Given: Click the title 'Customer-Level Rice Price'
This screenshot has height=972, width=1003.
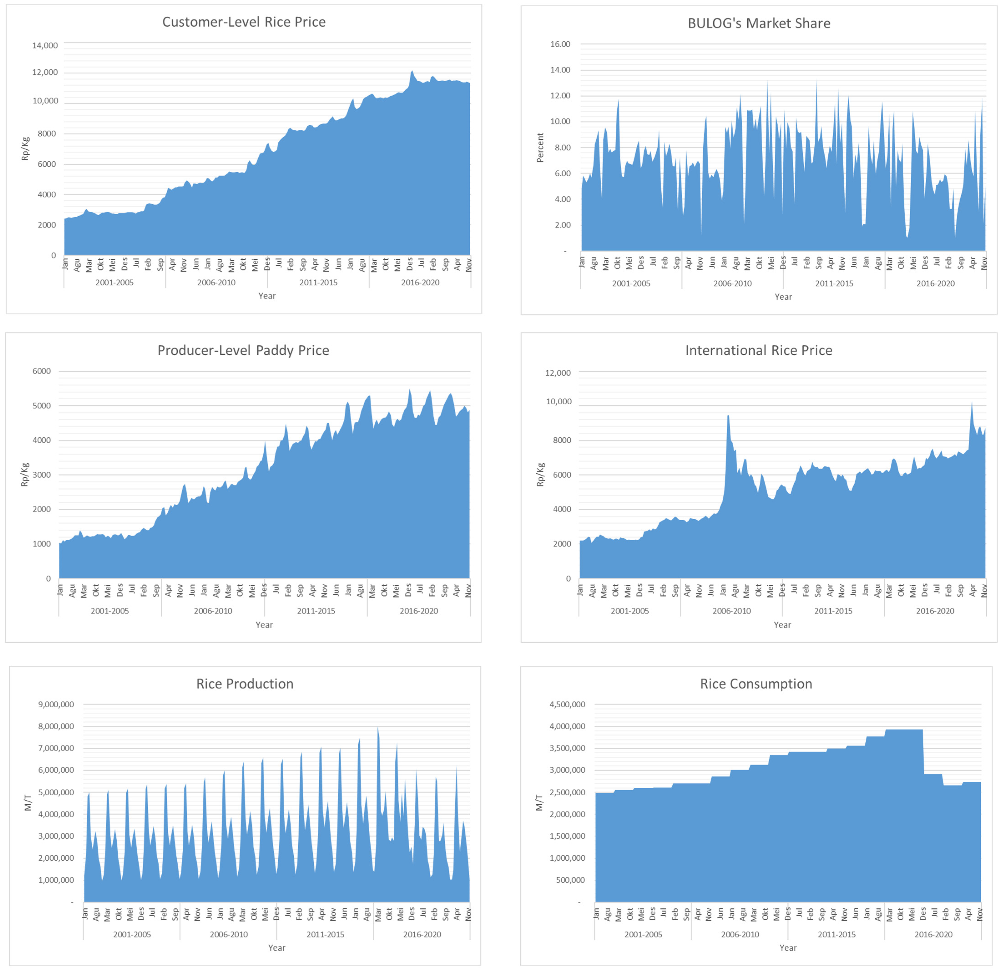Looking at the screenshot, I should tap(244, 22).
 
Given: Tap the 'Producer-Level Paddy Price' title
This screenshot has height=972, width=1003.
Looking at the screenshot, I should tap(243, 351).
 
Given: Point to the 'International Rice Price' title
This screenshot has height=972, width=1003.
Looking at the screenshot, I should tap(758, 351).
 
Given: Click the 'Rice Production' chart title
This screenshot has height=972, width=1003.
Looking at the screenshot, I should tap(245, 684).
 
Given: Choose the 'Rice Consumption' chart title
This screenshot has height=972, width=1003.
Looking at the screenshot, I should tap(756, 684).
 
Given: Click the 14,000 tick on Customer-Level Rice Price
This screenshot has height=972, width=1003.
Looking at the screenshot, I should tap(45, 45).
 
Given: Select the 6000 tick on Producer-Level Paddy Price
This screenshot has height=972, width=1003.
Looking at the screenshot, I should tap(41, 371).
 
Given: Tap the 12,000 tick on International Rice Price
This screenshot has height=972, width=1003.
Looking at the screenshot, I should tap(558, 373).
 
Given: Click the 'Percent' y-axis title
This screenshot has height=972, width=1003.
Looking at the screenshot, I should tap(540, 148).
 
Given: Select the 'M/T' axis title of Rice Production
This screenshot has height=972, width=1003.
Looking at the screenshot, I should tap(28, 803).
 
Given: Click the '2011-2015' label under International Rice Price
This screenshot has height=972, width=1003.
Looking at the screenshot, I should tap(833, 611).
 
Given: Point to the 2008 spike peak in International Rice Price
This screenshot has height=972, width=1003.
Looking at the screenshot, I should tap(728, 416).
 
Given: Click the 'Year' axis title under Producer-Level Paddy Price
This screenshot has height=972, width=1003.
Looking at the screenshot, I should tap(264, 625).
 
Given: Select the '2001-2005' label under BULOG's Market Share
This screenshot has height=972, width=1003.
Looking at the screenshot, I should tap(631, 283).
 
